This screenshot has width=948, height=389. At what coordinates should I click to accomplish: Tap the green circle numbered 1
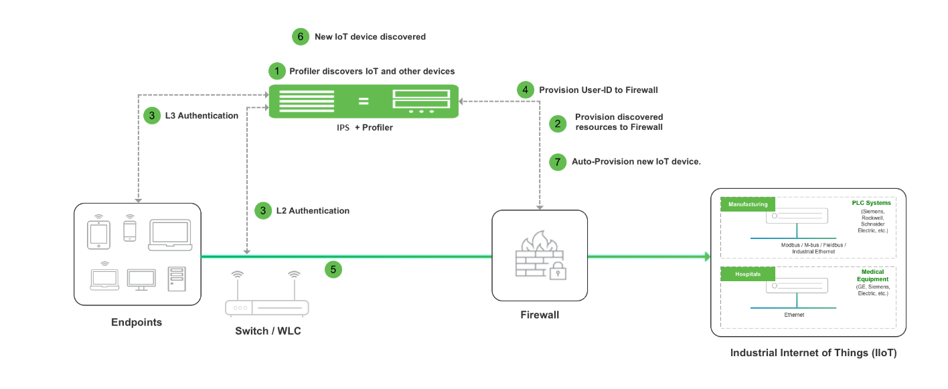[276, 71]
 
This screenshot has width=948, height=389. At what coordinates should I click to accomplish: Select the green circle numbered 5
[333, 270]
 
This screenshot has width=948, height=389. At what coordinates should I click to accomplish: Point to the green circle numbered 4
[526, 90]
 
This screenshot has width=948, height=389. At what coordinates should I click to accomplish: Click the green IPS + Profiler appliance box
[364, 102]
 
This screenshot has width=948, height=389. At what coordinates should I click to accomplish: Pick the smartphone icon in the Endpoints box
[130, 230]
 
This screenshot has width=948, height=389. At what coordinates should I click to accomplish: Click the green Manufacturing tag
[747, 204]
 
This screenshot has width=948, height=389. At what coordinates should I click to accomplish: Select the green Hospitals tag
[747, 275]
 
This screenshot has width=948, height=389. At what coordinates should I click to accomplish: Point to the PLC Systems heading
[871, 203]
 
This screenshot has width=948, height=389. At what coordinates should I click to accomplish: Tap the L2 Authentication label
[313, 211]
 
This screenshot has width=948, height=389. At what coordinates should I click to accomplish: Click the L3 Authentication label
[202, 116]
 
